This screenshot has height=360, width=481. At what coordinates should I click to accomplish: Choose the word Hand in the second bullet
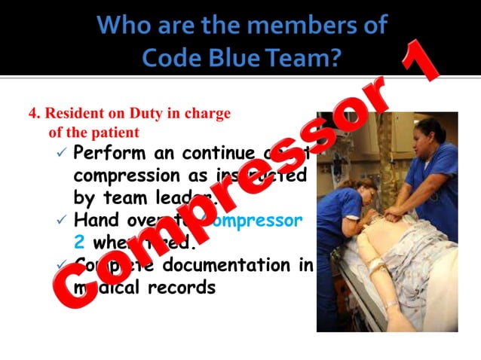tap(94, 221)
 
